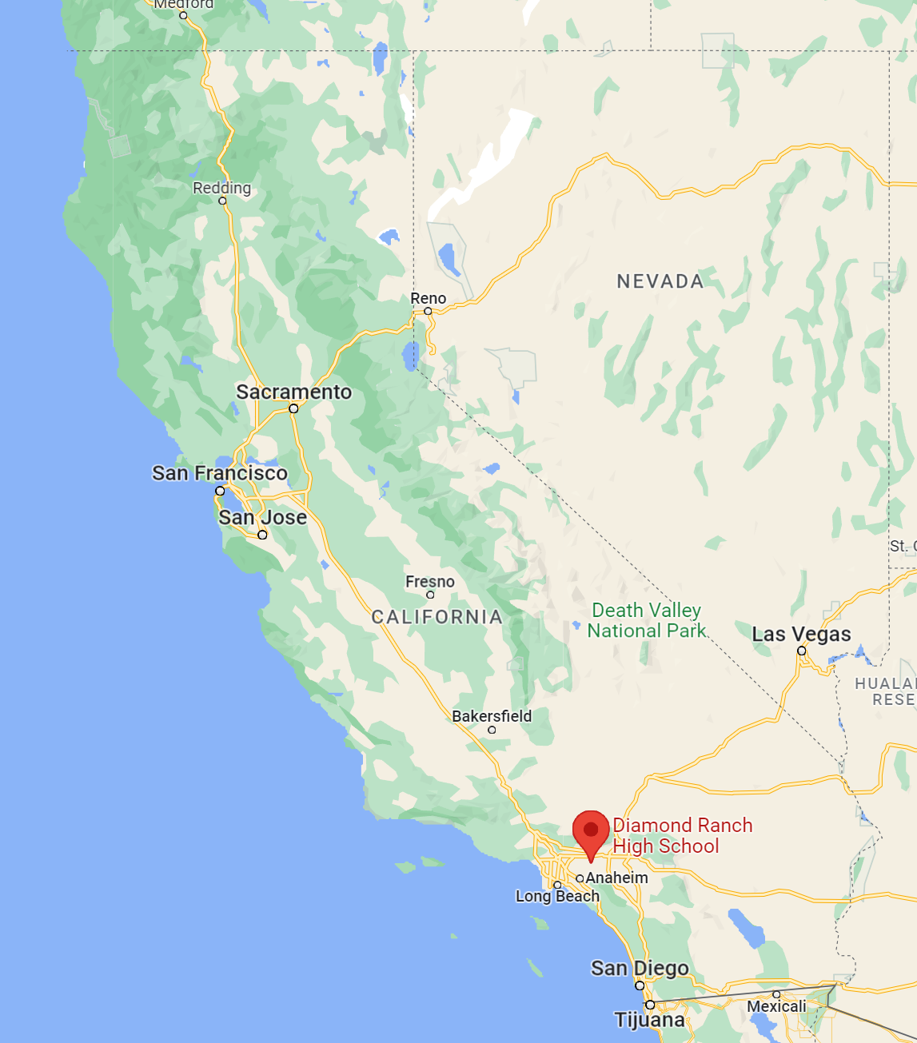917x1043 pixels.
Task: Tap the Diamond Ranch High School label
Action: (682, 836)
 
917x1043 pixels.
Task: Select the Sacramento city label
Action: (293, 392)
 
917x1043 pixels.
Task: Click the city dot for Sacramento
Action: (293, 408)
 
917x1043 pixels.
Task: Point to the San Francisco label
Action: (220, 473)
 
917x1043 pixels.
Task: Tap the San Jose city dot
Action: (262, 535)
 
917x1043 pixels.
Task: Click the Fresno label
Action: (430, 582)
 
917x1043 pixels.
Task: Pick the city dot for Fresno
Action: (430, 595)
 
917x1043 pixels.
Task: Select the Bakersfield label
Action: (492, 716)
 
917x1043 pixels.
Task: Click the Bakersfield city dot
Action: (492, 730)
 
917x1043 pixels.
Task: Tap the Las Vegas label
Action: (801, 635)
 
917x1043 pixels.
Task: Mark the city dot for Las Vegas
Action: (802, 651)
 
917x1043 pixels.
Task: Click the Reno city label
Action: (429, 298)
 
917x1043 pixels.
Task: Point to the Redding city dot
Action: (222, 201)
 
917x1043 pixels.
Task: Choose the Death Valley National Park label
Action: (646, 621)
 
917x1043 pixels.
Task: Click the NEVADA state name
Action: (660, 281)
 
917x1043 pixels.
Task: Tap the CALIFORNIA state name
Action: (437, 617)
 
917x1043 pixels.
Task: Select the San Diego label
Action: (640, 969)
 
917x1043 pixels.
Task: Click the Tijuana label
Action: (649, 1020)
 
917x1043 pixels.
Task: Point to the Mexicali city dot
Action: (776, 994)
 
